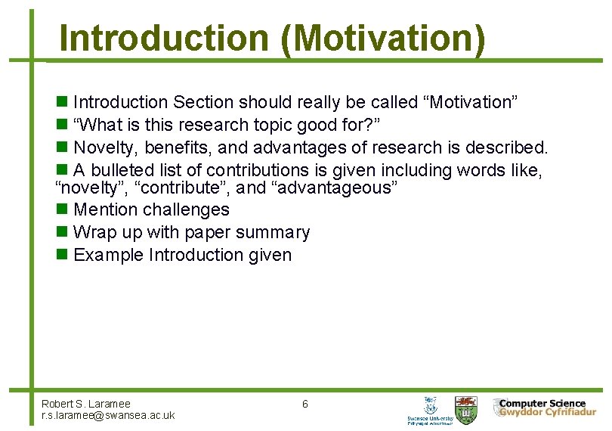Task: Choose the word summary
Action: pyautogui.click(x=272, y=232)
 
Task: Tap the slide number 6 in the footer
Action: pyautogui.click(x=304, y=404)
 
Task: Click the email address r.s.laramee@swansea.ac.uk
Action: pyautogui.click(x=108, y=415)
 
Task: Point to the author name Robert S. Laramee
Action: pyautogui.click(x=86, y=404)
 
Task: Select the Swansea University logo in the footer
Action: pyautogui.click(x=430, y=409)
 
